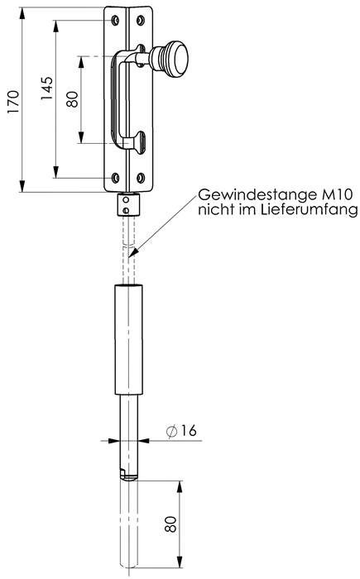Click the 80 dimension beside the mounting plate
click(73, 100)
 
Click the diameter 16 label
click(187, 431)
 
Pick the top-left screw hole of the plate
click(115, 22)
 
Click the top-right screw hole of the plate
click(142, 22)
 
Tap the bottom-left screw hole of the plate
click(115, 175)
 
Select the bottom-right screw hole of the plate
click(142, 175)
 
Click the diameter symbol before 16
click(170, 431)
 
